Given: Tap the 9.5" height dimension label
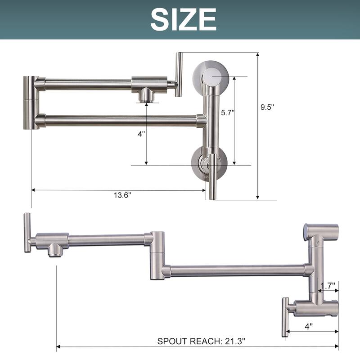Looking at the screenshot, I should pos(267,107).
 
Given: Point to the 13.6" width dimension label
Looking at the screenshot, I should pos(122,195).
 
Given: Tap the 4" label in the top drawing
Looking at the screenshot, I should pos(142,134).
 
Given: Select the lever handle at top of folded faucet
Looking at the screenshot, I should pos(178,74).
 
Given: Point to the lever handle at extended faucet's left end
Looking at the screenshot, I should pos(27,233).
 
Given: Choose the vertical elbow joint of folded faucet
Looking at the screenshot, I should pos(31,103).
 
